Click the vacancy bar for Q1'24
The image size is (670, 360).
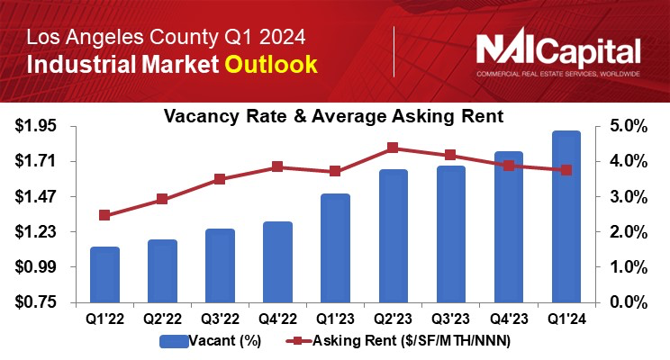tap(566, 216)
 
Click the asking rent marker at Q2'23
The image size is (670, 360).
tap(393, 148)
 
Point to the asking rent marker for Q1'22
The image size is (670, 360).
tap(104, 215)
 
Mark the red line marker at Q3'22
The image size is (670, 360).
tap(220, 179)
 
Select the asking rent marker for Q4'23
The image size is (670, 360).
tap(509, 166)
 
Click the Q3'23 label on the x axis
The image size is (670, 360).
tap(450, 318)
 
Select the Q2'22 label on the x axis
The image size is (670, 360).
tap(162, 318)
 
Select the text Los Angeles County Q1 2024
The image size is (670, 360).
tap(165, 38)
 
